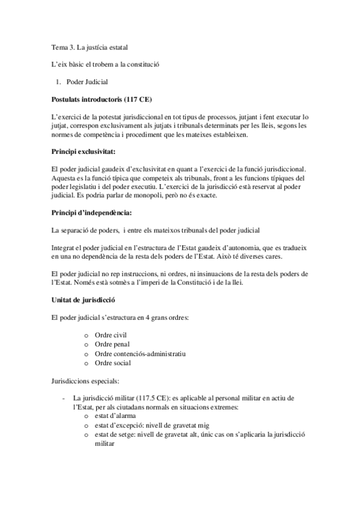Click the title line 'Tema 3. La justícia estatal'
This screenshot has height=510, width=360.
click(90, 47)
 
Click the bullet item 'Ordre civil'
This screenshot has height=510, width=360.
click(111, 335)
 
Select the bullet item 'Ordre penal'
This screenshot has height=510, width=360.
click(112, 345)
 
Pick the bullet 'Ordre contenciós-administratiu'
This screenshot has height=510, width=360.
click(139, 354)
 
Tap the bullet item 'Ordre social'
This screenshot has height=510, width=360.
click(112, 363)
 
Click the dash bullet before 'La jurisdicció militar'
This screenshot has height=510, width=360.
click(64, 398)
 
